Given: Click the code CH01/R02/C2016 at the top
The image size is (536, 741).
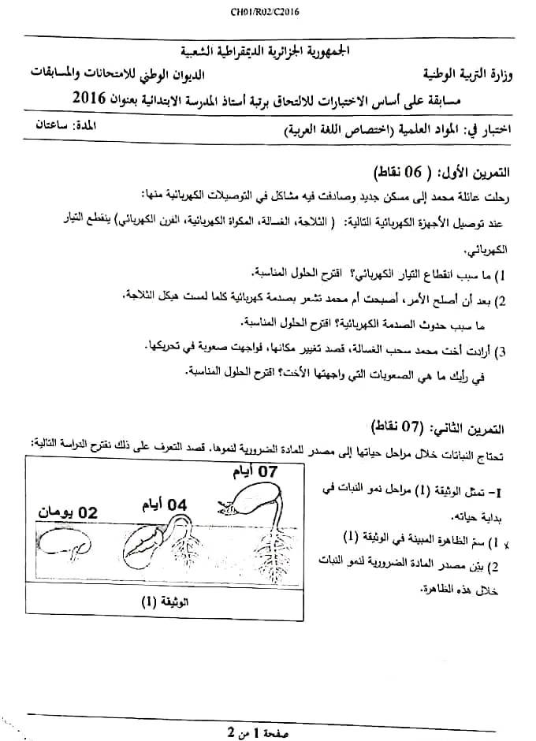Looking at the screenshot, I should click(x=267, y=12).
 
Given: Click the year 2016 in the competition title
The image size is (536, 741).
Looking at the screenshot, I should click(x=88, y=98).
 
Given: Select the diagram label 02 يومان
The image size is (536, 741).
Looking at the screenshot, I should click(x=69, y=512).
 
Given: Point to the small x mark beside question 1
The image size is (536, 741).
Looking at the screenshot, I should click(x=307, y=543).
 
